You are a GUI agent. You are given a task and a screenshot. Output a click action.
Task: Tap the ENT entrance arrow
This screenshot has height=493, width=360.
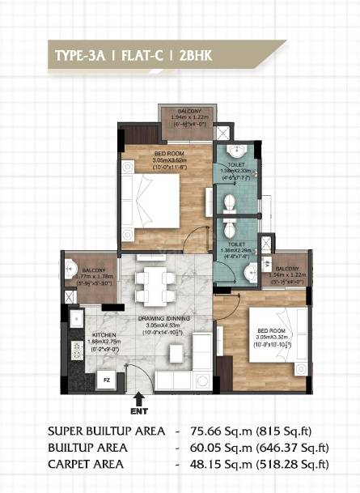coord(139,399)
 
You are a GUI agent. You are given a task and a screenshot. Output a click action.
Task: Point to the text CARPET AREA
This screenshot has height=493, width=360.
coord(86,464)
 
